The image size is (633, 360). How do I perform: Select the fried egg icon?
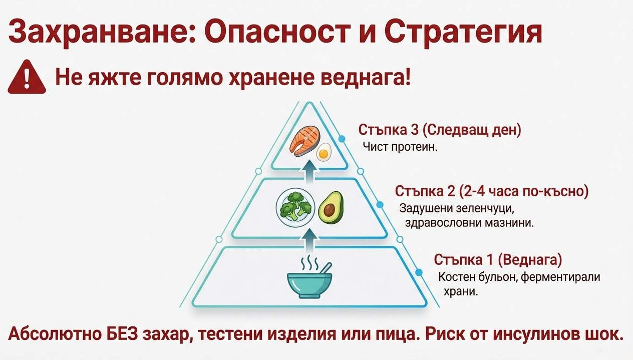click(325, 152)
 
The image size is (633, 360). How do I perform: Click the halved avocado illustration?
click(331, 207)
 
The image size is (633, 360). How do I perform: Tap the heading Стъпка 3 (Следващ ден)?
click(440, 130)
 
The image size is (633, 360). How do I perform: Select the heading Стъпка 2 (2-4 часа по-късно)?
click(491, 191)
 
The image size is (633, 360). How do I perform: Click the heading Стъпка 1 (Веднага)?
click(498, 260)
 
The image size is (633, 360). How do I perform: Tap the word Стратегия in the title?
click(463, 33)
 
